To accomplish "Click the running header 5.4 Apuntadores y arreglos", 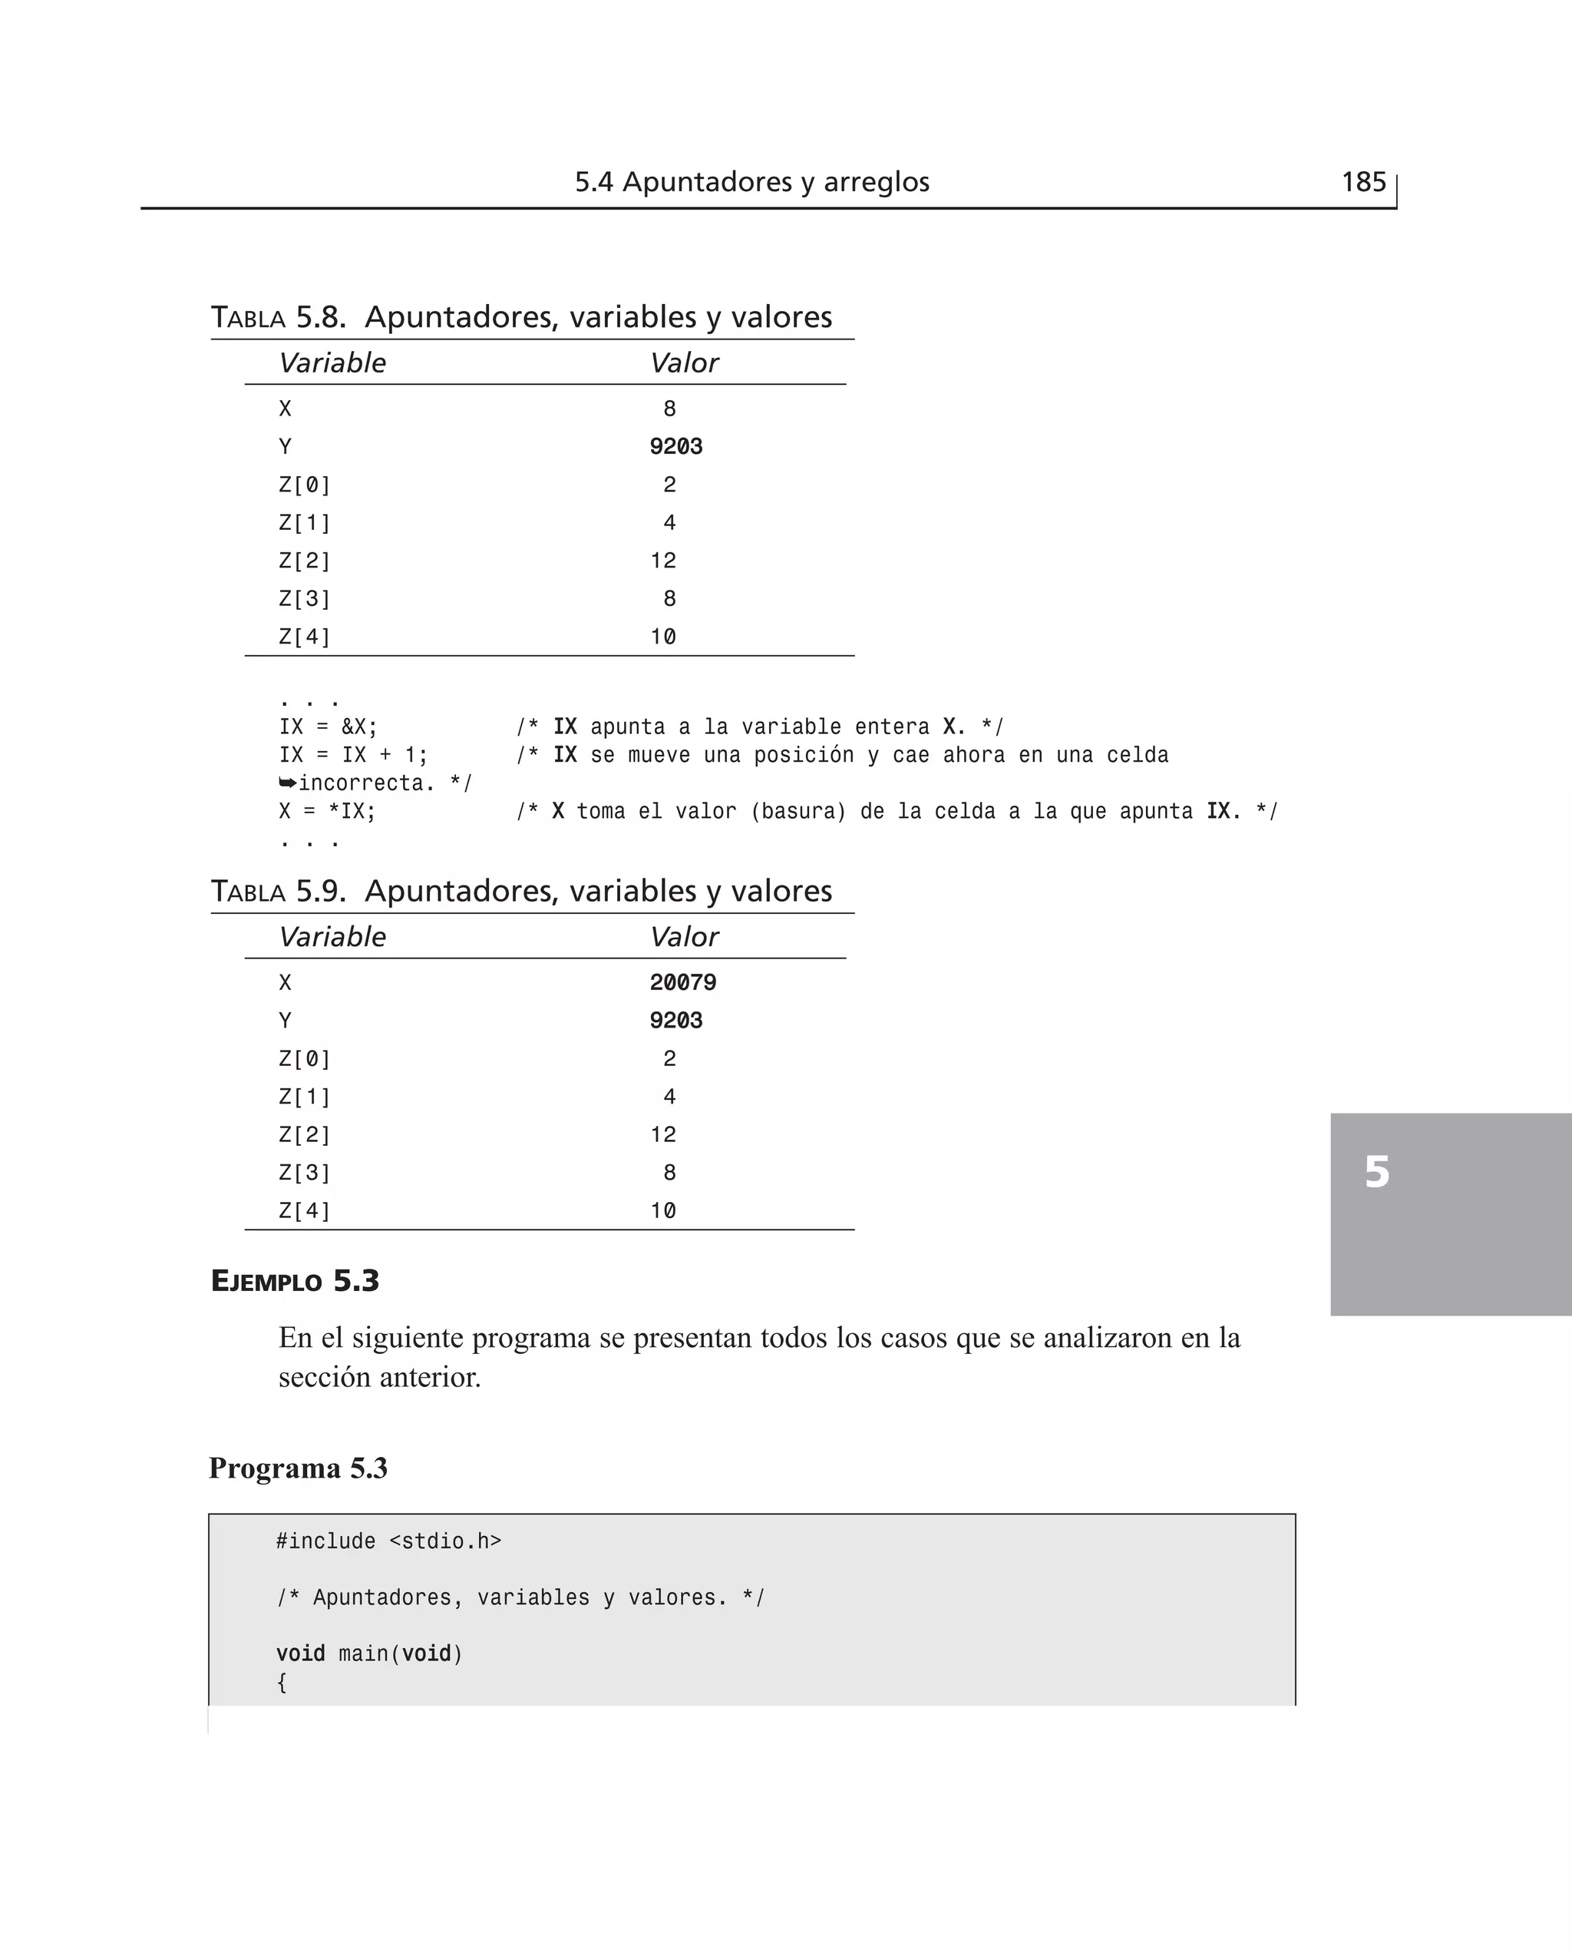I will pyautogui.click(x=751, y=182).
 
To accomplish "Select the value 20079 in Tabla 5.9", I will pyautogui.click(x=683, y=983).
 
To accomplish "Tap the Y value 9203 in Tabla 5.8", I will pyautogui.click(x=675, y=446).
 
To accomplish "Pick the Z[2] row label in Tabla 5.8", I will pyautogui.click(x=304, y=561).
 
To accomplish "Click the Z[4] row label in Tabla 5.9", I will pyautogui.click(x=304, y=1211).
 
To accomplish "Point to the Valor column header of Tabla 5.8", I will pyautogui.click(x=684, y=363).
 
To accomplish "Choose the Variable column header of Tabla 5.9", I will pyautogui.click(x=332, y=937).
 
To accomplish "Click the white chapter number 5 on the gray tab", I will pyautogui.click(x=1376, y=1172).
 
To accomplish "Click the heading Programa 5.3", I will pyautogui.click(x=298, y=1468).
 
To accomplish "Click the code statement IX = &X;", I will pyautogui.click(x=328, y=727).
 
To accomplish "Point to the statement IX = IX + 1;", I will pyautogui.click(x=353, y=756).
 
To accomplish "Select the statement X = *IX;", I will pyautogui.click(x=327, y=812).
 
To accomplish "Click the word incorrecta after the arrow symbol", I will pyautogui.click(x=361, y=783).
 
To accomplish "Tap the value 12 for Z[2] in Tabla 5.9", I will pyautogui.click(x=663, y=1135).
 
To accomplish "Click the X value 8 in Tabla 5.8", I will pyautogui.click(x=669, y=409).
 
